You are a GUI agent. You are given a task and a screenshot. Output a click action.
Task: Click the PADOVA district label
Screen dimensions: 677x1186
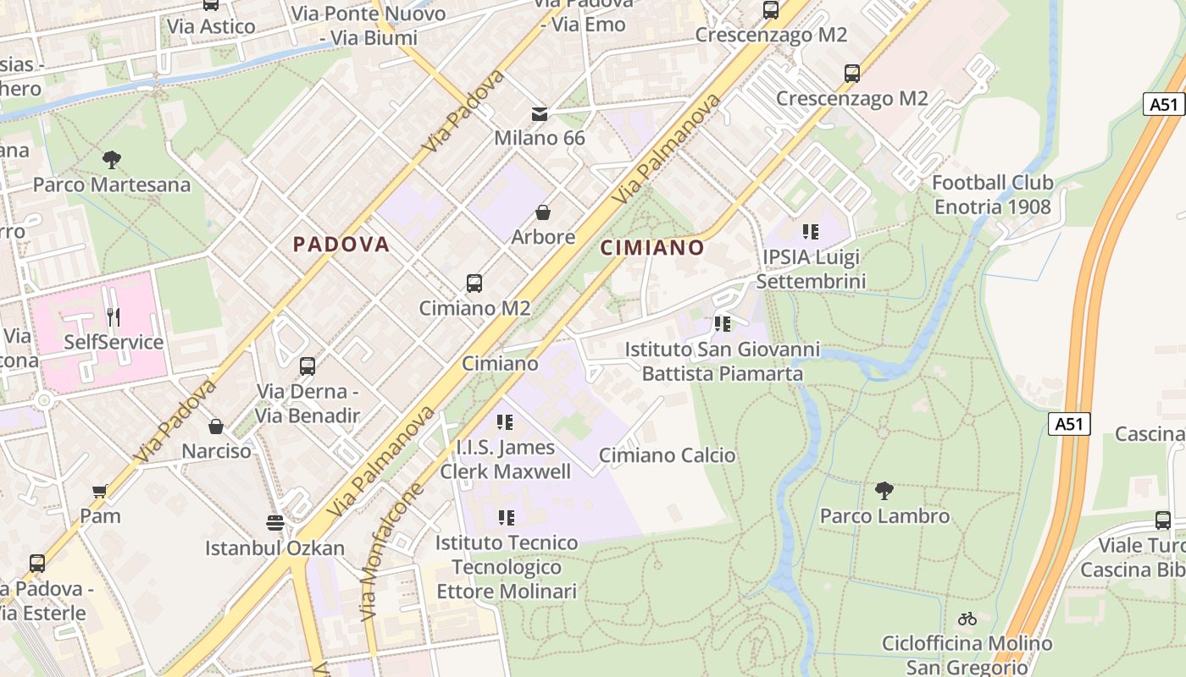click(x=341, y=245)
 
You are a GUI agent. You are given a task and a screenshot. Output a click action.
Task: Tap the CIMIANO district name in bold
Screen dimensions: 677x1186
click(x=652, y=248)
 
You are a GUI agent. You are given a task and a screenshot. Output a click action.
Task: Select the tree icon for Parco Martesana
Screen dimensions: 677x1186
click(x=111, y=159)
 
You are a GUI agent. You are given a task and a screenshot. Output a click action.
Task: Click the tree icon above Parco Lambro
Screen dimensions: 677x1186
click(x=884, y=490)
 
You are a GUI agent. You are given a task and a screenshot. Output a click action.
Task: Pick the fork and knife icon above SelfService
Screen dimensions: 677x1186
click(x=114, y=317)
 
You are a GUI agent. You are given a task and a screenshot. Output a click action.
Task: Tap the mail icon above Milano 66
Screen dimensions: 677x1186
click(x=540, y=113)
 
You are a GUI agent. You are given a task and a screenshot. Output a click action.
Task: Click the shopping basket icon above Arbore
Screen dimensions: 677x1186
click(x=543, y=212)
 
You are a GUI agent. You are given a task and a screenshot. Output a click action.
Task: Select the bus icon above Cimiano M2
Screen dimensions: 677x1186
click(x=474, y=283)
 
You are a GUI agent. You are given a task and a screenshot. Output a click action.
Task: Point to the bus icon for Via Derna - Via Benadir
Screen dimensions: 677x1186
click(x=308, y=366)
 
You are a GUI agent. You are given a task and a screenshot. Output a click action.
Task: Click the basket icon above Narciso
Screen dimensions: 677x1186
click(x=216, y=426)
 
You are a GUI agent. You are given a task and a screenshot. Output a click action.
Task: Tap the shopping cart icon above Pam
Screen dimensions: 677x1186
click(x=100, y=491)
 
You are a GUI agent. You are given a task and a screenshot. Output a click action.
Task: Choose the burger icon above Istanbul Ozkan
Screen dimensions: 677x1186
click(x=274, y=522)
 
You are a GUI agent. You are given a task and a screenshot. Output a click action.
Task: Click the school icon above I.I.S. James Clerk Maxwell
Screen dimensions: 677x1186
click(x=506, y=421)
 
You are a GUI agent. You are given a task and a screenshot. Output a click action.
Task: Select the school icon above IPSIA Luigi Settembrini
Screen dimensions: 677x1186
click(x=811, y=231)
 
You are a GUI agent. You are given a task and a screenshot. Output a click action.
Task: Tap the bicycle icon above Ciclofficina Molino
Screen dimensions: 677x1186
click(x=967, y=619)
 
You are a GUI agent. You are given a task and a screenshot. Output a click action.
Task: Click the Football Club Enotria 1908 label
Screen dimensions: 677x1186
click(x=992, y=195)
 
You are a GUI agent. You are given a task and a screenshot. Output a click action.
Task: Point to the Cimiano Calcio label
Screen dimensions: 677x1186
click(x=668, y=455)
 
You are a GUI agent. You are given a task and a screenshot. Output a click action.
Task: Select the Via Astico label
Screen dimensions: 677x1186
click(x=211, y=26)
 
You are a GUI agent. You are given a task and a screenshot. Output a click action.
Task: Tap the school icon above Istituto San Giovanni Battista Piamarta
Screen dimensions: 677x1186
click(x=722, y=323)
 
